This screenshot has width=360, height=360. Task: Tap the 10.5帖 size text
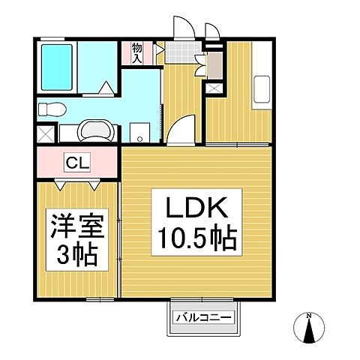(197, 240)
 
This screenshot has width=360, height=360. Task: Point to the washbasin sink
(94, 130)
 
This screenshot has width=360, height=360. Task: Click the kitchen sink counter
(262, 91)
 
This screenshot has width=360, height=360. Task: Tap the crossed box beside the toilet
(45, 136)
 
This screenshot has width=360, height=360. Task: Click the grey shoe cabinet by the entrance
(213, 66)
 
